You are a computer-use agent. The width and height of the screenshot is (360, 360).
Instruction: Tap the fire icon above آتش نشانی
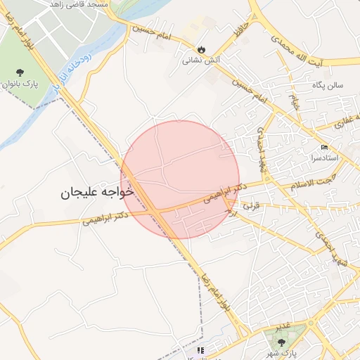point(202,49)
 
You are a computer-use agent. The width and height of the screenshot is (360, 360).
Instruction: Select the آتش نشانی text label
point(202,60)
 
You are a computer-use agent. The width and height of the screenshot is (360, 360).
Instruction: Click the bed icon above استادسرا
point(323,147)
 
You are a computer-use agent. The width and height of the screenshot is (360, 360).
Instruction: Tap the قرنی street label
point(251,207)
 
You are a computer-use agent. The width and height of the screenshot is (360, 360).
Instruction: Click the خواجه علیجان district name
point(96,191)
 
